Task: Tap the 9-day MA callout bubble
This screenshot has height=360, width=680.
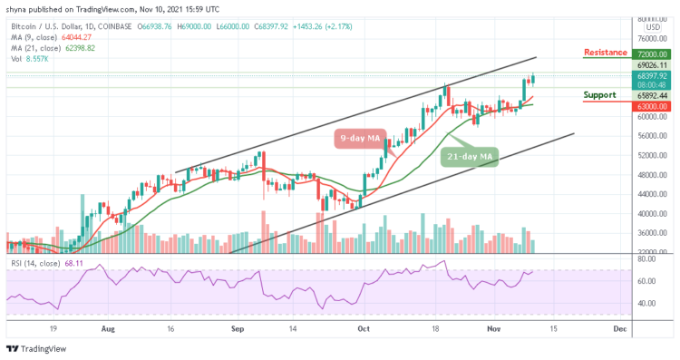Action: click(x=360, y=138)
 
